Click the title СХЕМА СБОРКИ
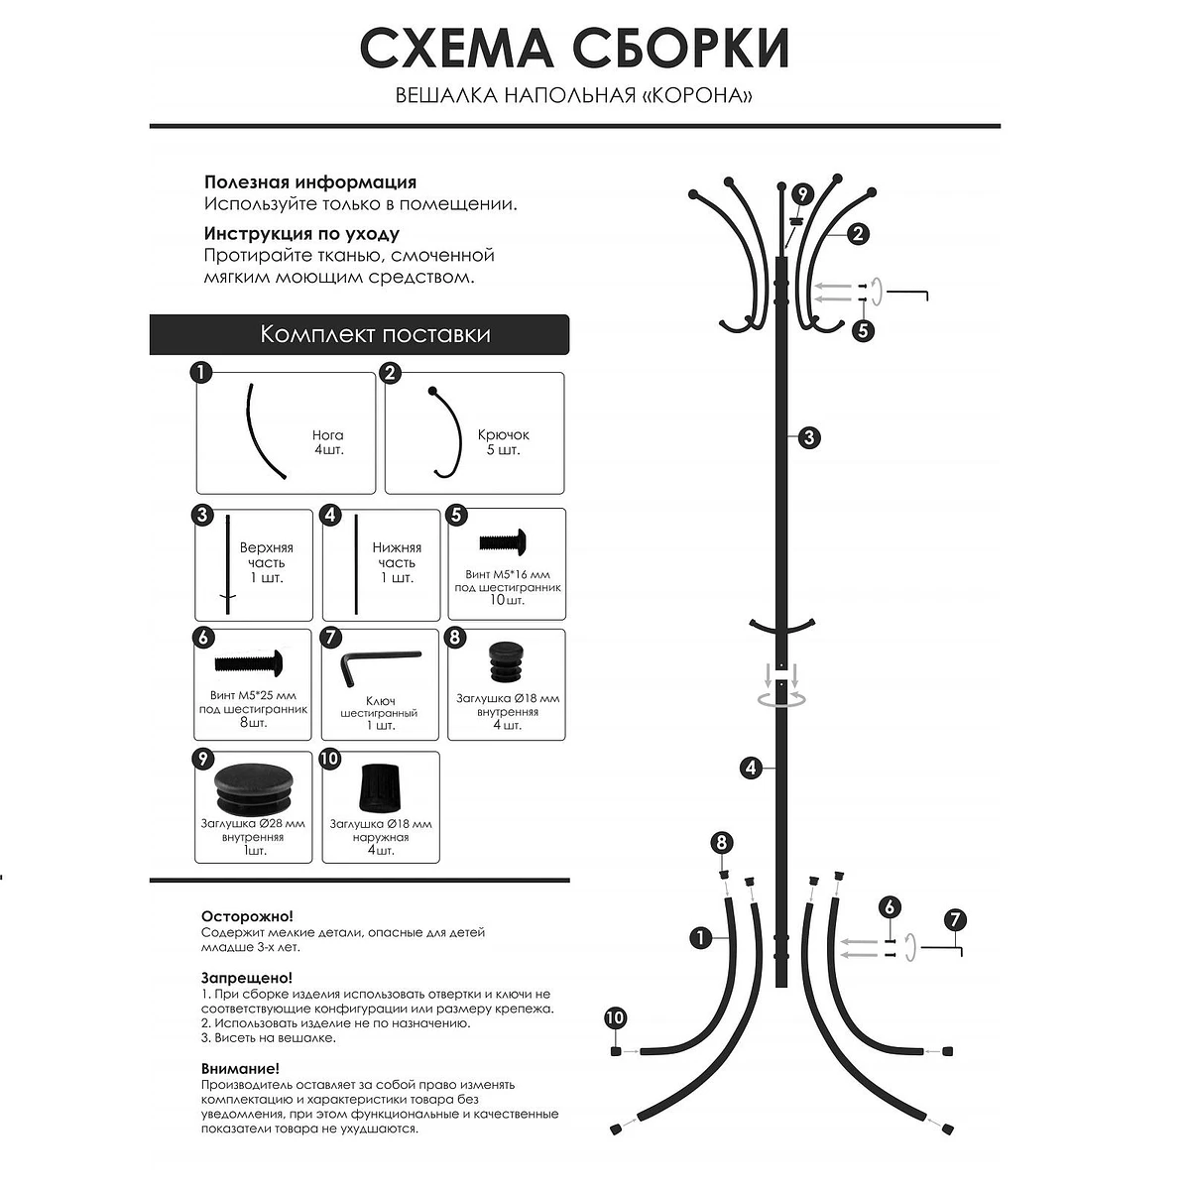click(574, 49)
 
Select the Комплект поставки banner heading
click(375, 334)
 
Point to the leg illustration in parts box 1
click(262, 432)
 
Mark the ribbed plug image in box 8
click(509, 661)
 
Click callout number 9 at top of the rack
click(802, 194)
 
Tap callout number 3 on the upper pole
click(809, 437)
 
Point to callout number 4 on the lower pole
click(751, 768)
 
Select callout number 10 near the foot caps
click(615, 1017)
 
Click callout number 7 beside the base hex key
click(955, 919)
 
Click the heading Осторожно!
click(247, 916)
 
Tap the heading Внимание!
click(240, 1069)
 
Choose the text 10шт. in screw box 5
click(508, 601)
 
